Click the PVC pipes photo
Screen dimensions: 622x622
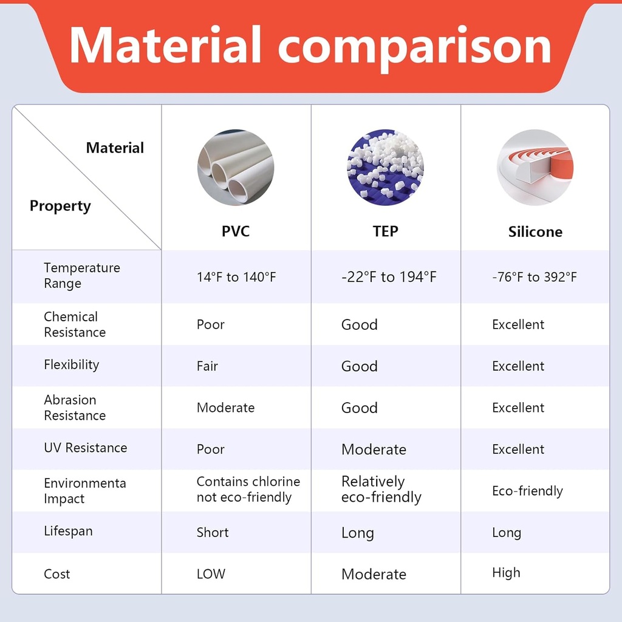click(x=236, y=167)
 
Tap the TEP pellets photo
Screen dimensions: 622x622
click(x=385, y=167)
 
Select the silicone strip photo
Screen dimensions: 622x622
click(x=535, y=167)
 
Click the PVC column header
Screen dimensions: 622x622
click(x=236, y=231)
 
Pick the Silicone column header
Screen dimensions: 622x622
click(x=535, y=232)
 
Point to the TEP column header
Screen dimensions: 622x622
click(x=386, y=231)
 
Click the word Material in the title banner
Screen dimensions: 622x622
click(x=165, y=46)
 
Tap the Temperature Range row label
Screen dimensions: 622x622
click(x=81, y=276)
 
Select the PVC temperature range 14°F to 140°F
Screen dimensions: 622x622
click(x=236, y=278)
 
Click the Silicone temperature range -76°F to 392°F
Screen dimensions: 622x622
click(x=535, y=278)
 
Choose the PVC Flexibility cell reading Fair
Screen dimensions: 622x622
click(x=207, y=366)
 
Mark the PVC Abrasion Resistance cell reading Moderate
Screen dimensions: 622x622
click(x=225, y=408)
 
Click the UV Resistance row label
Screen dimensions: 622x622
click(x=85, y=448)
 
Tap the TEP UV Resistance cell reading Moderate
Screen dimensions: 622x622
click(x=374, y=449)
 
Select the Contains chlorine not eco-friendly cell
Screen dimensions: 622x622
click(x=248, y=490)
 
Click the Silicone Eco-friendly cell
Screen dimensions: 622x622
click(x=527, y=491)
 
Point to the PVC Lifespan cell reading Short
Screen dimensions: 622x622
click(x=213, y=533)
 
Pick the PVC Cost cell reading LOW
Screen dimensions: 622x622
click(x=211, y=574)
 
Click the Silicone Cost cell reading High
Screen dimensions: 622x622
click(x=506, y=573)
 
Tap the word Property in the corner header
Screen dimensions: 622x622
click(x=60, y=206)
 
